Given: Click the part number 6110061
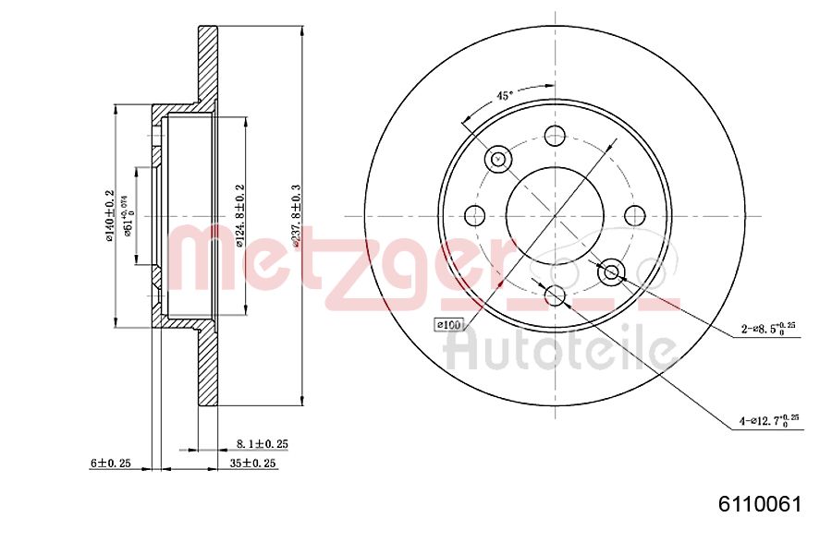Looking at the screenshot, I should (760, 504).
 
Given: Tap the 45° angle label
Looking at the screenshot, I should (504, 95).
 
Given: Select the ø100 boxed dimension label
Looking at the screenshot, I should (448, 324).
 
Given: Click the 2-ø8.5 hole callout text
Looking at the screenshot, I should (768, 328).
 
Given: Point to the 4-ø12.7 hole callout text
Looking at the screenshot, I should (768, 422).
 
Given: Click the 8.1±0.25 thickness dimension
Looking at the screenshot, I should (263, 444).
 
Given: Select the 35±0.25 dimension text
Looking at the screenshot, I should (252, 464).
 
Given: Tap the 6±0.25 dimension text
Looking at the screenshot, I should (110, 464).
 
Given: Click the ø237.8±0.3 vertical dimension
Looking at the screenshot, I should (296, 215).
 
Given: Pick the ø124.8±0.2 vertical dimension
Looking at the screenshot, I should (239, 215).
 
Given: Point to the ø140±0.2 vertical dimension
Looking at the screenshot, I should (109, 215).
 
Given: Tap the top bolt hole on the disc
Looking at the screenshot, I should (555, 136).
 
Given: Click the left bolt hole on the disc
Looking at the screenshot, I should (475, 216).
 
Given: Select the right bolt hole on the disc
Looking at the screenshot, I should (634, 216).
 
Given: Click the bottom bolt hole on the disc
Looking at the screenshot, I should (555, 295).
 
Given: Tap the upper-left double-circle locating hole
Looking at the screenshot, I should (498, 159).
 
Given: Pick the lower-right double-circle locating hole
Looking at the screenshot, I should (611, 272).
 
